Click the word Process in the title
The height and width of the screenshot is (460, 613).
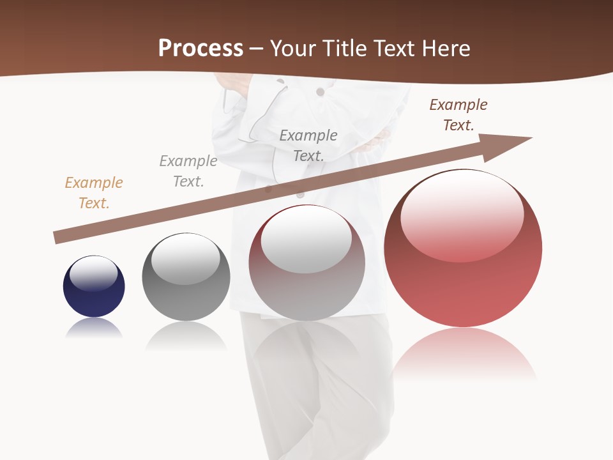(x=201, y=49)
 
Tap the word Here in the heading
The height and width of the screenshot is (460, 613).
(x=444, y=49)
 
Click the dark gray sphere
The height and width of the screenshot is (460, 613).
(x=186, y=287)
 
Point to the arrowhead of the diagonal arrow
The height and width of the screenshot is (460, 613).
(x=511, y=142)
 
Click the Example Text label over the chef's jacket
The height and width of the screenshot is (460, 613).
(x=308, y=145)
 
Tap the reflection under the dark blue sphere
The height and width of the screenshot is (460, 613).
(x=94, y=328)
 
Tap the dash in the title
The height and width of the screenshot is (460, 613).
(x=256, y=49)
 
